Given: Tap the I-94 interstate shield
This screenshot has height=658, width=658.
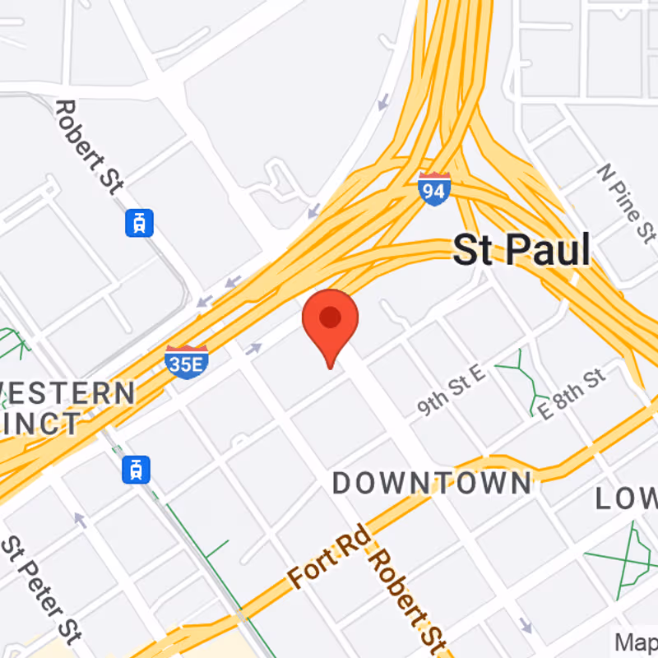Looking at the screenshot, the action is (x=433, y=189).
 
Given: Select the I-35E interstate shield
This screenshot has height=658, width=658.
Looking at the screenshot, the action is (x=186, y=361).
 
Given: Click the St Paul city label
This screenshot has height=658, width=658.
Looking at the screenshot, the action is (x=521, y=250).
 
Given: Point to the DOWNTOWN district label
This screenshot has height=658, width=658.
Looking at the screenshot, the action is (x=432, y=484).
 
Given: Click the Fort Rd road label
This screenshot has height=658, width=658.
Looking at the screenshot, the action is (x=327, y=563).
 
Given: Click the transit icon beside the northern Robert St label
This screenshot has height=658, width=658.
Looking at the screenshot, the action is (x=140, y=223).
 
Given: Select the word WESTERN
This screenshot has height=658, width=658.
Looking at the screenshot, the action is (x=66, y=393).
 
